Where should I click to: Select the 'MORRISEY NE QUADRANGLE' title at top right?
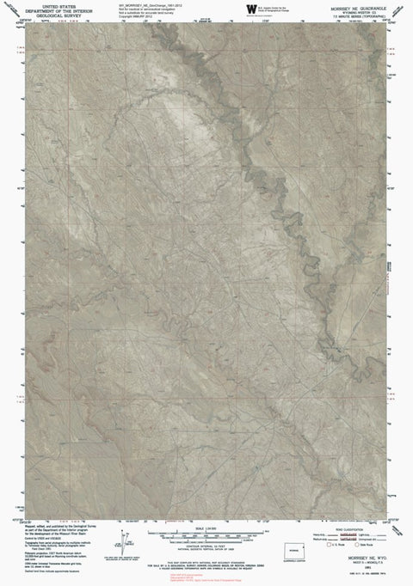367,3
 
